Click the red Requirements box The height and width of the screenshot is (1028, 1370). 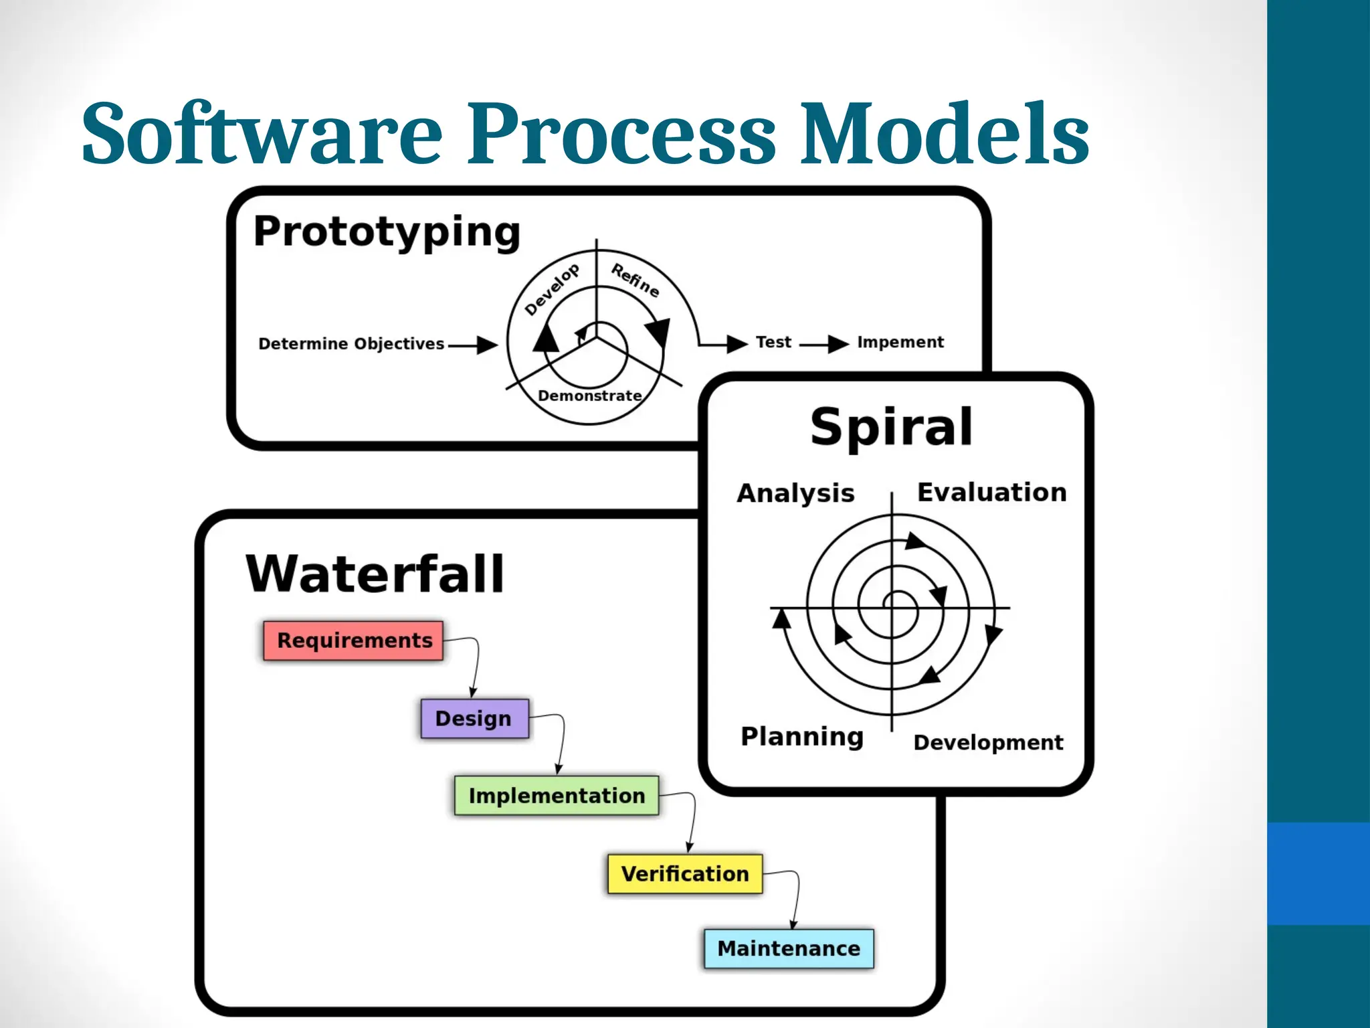click(353, 640)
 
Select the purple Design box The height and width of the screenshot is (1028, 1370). click(474, 718)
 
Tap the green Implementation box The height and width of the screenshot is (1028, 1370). click(556, 795)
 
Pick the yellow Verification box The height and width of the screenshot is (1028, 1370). click(684, 873)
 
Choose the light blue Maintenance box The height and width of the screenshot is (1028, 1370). click(789, 948)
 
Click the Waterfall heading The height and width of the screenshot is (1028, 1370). click(375, 574)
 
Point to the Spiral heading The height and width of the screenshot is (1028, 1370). click(891, 427)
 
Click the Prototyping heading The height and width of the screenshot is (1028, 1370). click(387, 232)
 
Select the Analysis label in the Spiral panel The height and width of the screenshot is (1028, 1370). click(795, 493)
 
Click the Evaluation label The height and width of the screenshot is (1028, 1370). click(991, 492)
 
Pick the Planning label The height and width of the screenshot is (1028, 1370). click(802, 736)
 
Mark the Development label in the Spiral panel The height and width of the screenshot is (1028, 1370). click(988, 742)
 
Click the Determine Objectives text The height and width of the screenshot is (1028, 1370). click(351, 343)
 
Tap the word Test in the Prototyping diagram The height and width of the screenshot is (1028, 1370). click(773, 342)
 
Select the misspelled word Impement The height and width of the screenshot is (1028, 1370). click(900, 342)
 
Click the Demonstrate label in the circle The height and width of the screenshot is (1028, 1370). click(589, 396)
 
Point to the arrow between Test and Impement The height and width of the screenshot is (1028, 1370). click(824, 344)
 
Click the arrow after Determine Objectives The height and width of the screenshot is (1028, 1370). click(473, 345)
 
